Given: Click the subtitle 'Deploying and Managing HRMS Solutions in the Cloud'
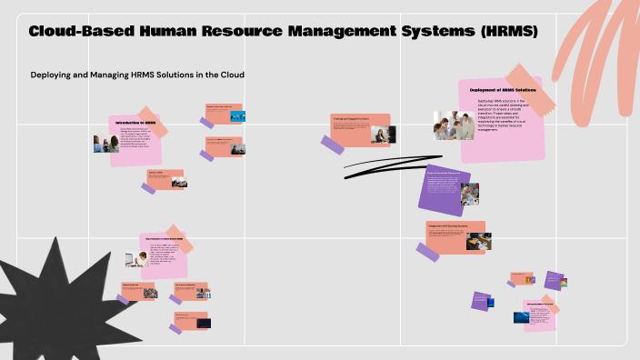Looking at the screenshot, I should (x=138, y=74).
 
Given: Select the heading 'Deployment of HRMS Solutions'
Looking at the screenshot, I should (x=503, y=90).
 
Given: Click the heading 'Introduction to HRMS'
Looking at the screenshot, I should (x=136, y=123).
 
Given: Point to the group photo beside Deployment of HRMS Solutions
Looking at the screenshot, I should (x=454, y=125).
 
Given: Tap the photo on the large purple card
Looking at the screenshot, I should (x=469, y=195).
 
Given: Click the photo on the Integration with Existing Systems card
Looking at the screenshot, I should (x=478, y=241).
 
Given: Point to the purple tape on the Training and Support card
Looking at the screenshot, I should (x=333, y=143).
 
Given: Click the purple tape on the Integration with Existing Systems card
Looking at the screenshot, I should (x=427, y=251).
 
